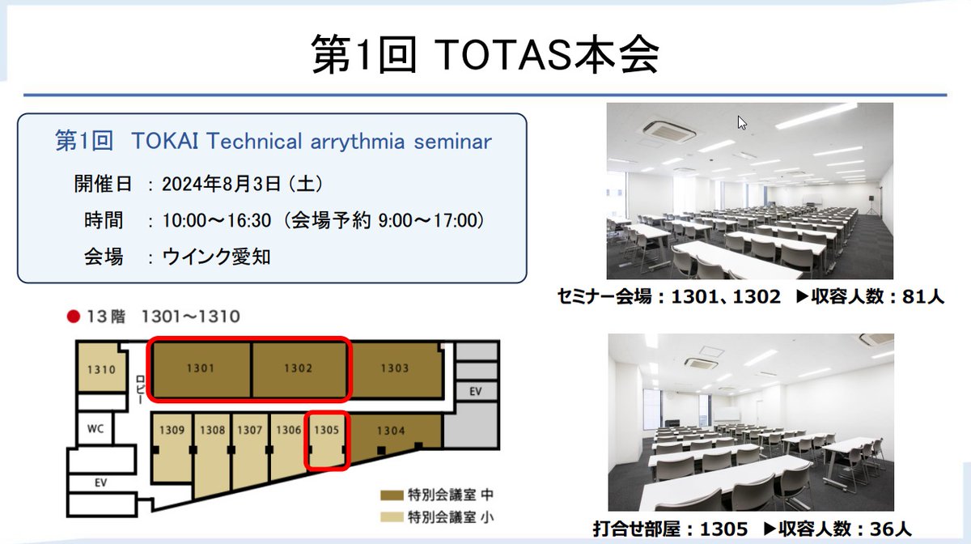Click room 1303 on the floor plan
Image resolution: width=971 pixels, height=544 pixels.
pos(394,369)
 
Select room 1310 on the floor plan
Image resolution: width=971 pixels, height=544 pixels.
pos(102,370)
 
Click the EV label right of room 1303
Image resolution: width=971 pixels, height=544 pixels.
pos(475,392)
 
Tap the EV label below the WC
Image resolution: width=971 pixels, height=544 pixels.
pos(101,482)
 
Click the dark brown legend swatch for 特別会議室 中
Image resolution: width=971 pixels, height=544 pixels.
pos(394,495)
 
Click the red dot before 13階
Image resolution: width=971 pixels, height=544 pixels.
pos(73,317)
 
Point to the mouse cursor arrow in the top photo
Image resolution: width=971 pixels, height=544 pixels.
pos(742,123)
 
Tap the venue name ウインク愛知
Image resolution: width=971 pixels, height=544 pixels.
pos(216,257)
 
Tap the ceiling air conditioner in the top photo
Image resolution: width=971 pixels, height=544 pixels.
pos(668,130)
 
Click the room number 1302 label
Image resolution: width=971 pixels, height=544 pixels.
pos(298,369)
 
